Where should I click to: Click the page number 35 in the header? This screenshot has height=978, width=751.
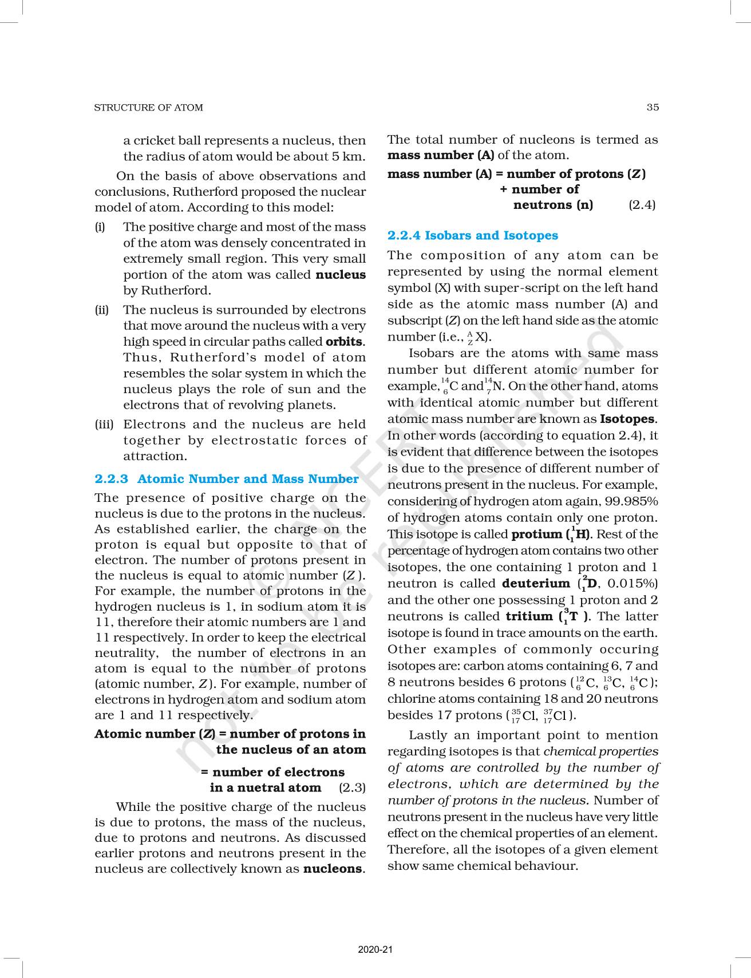tap(653, 107)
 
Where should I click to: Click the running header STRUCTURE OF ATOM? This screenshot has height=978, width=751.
tap(148, 108)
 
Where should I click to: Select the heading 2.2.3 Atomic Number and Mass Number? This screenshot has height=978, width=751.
tap(227, 479)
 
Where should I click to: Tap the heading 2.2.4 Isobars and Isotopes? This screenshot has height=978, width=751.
tap(473, 235)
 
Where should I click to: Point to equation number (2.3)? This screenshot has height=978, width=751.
tap(352, 787)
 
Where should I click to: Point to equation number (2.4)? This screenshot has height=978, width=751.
tap(642, 205)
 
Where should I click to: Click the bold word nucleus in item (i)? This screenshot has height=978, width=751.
tap(341, 275)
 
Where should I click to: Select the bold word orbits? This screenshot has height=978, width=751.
tap(344, 342)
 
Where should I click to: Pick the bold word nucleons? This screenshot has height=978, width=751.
tap(332, 869)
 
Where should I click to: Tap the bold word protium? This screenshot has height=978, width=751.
tap(536, 534)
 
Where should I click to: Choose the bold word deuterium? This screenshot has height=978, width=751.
tap(536, 584)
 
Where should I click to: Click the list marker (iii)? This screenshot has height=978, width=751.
tap(104, 425)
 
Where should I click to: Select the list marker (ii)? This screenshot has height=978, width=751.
tap(102, 310)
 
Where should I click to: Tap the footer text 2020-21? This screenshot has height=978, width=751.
tap(375, 950)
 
